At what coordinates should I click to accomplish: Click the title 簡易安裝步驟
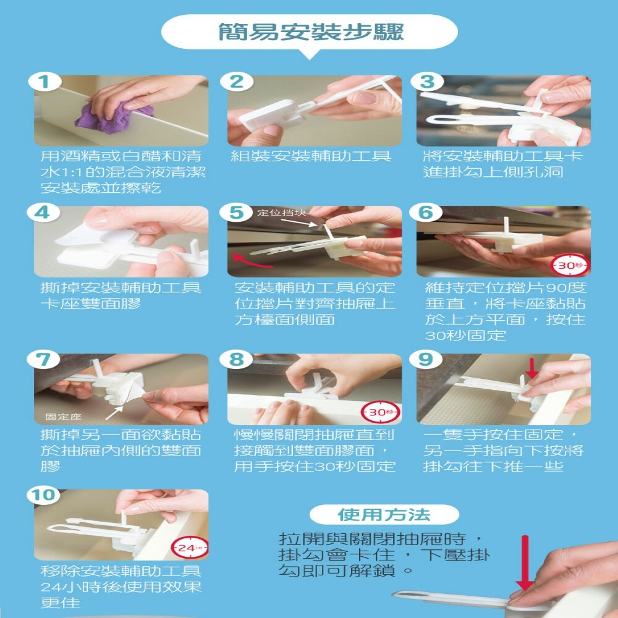[311, 32]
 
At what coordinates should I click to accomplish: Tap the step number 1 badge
[44, 82]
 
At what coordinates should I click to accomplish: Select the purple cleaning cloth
[114, 117]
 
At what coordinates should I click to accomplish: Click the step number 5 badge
[237, 213]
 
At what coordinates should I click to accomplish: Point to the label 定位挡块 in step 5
[281, 213]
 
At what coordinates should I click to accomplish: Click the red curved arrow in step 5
[252, 261]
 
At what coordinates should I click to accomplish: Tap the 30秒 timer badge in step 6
[570, 265]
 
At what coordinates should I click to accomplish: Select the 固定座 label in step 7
[63, 417]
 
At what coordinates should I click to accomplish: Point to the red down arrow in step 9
[533, 367]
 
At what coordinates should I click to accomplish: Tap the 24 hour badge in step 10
[190, 548]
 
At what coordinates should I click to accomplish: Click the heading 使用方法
[384, 515]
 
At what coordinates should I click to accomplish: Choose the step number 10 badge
[43, 495]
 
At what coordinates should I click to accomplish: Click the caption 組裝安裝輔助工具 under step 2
[311, 156]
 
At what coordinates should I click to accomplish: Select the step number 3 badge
[427, 82]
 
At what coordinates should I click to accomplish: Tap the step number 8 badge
[237, 360]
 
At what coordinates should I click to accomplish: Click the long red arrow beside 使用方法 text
[525, 563]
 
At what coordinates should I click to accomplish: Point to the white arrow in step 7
[115, 413]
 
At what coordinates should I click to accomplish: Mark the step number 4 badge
[43, 213]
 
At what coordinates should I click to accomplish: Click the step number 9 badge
[426, 360]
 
